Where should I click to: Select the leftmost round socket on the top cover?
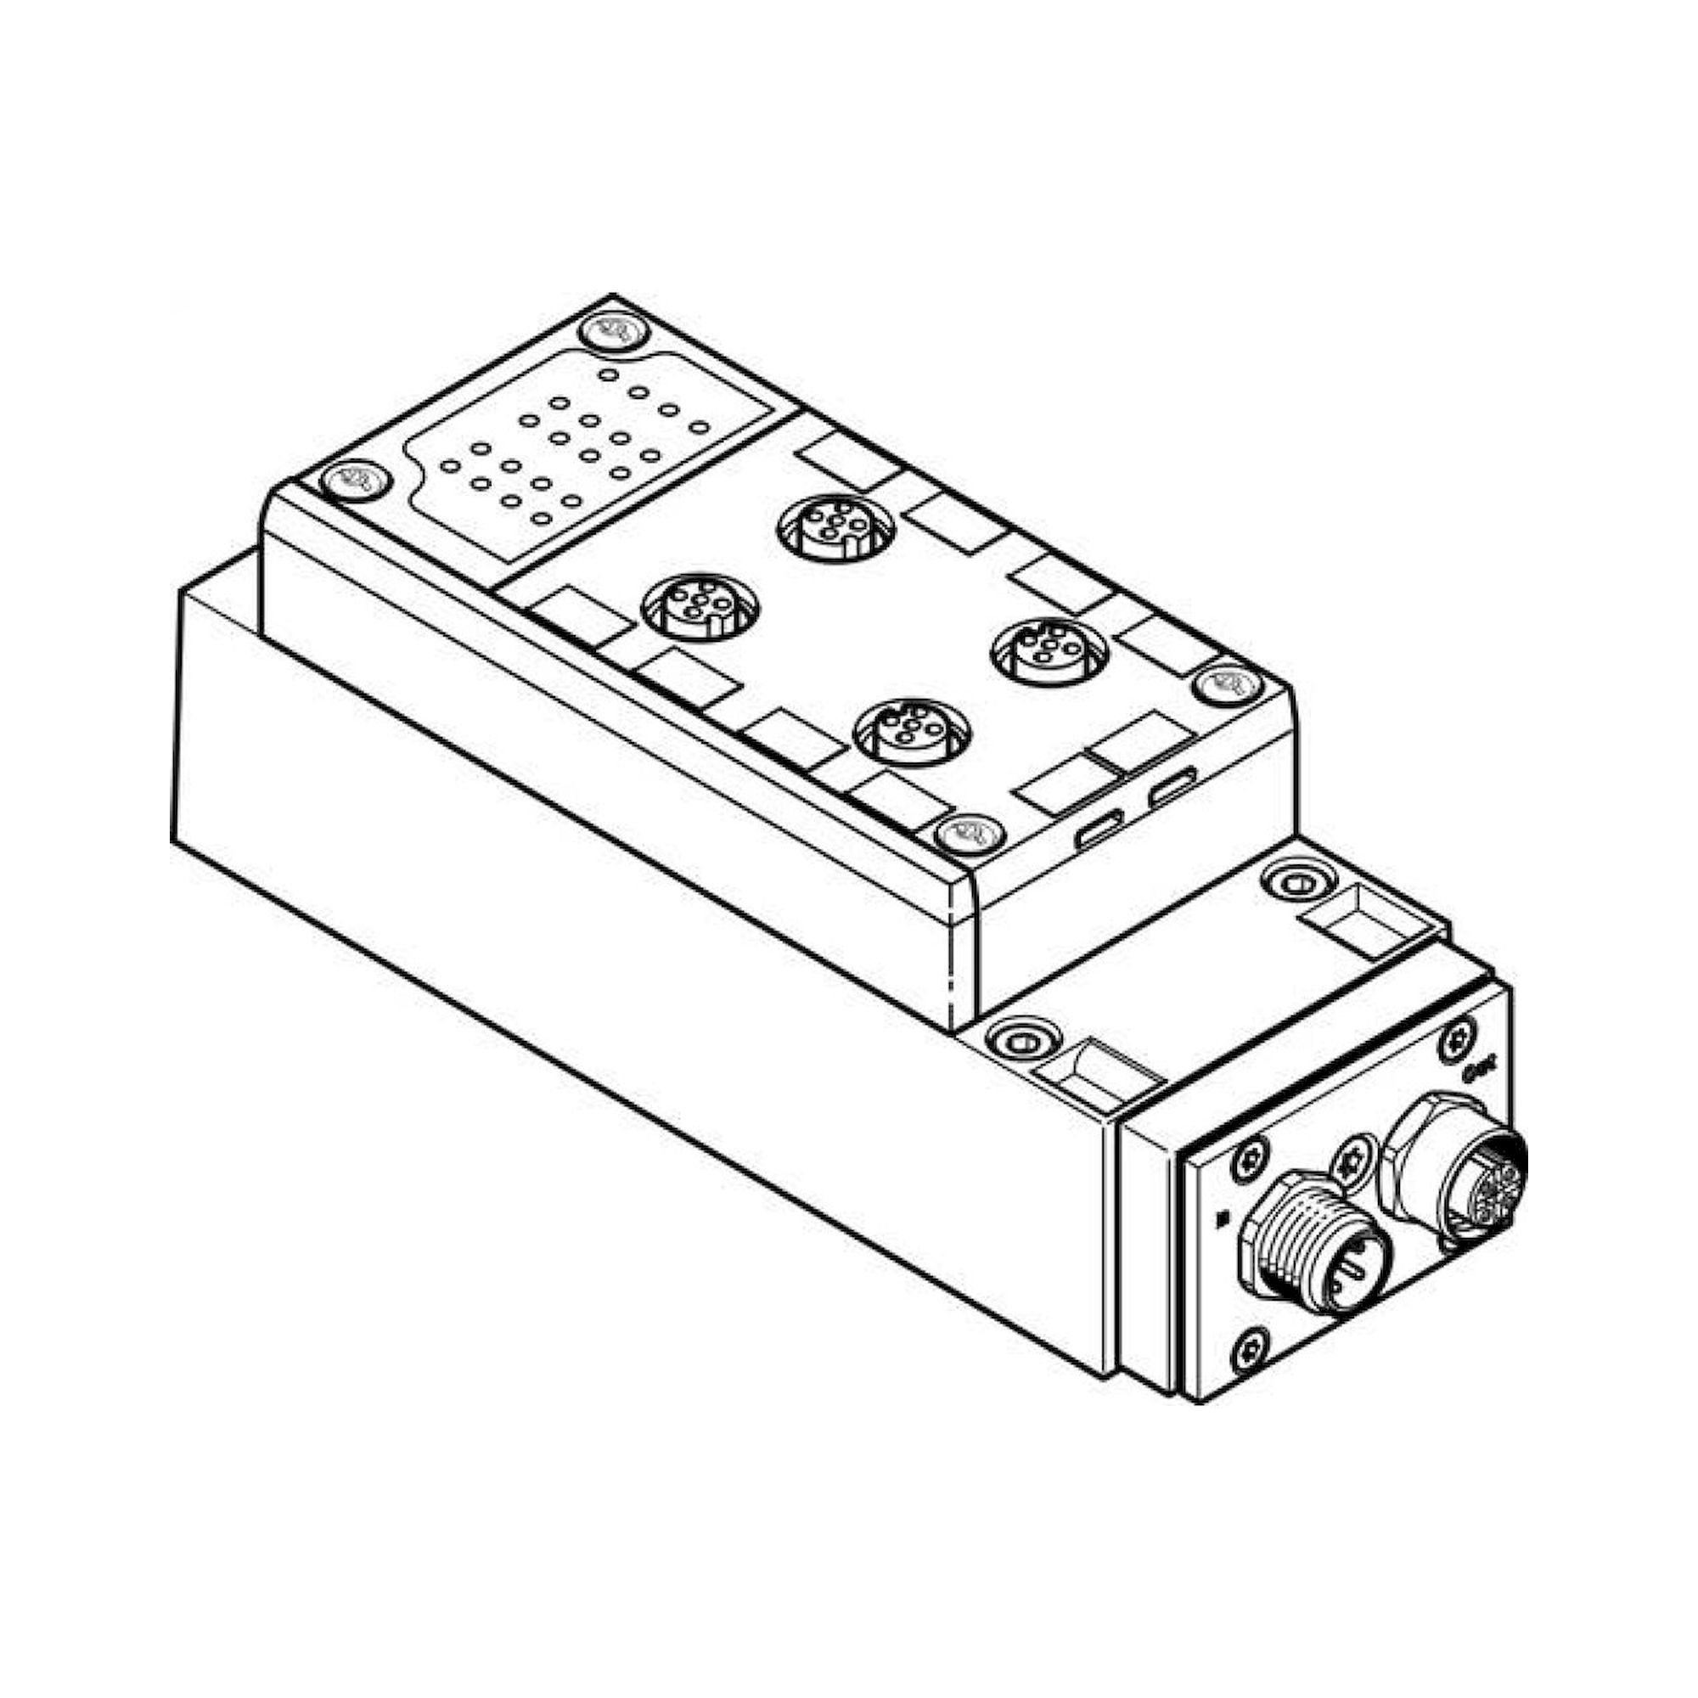[701, 606]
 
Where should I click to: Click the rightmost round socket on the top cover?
[1050, 651]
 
